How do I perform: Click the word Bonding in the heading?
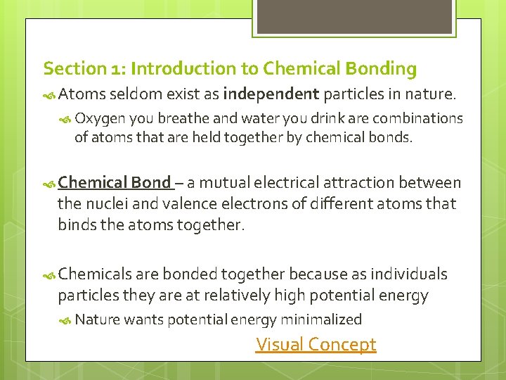382,69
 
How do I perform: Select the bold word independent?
271,93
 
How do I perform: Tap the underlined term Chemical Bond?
115,183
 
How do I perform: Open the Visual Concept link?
316,345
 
